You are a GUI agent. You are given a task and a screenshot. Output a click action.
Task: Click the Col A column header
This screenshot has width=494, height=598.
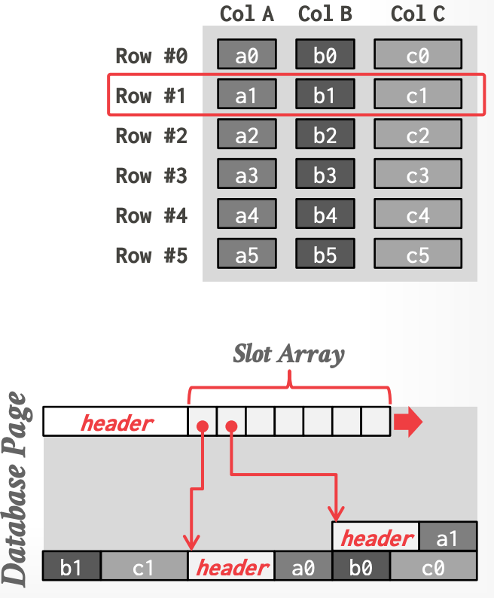[x=246, y=14]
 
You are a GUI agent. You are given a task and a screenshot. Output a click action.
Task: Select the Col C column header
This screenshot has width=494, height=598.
[x=417, y=14]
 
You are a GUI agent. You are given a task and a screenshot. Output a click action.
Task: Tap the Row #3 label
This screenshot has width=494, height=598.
[x=151, y=175]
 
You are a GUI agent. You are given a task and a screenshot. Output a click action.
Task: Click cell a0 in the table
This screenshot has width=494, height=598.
[x=247, y=55]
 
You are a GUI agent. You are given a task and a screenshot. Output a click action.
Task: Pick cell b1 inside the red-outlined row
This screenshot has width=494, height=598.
[x=325, y=96]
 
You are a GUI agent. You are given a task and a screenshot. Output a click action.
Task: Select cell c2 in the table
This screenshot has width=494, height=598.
[x=417, y=136]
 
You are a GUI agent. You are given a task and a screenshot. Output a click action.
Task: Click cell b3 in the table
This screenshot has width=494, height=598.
[x=325, y=175]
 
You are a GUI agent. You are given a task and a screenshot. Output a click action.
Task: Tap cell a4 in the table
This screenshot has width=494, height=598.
[x=247, y=215]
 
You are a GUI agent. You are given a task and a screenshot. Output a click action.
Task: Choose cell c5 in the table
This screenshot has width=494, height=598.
[x=417, y=255]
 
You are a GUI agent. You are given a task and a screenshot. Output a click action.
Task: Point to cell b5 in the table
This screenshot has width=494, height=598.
[x=325, y=255]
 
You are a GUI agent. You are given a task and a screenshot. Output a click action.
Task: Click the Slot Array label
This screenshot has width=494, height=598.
[x=289, y=353]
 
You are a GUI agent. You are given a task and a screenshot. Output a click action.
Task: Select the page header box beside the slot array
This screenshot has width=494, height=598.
[x=115, y=422]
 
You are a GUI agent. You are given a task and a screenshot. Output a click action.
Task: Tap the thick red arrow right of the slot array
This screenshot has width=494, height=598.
[x=407, y=423]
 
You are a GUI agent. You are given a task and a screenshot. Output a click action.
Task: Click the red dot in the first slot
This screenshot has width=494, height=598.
[x=202, y=427]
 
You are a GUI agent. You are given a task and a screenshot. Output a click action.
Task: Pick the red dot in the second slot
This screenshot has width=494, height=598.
[x=231, y=427]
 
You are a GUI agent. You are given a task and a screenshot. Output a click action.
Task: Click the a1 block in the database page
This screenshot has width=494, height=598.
[x=447, y=537]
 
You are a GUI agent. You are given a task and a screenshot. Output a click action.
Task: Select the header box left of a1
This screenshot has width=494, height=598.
[x=376, y=537]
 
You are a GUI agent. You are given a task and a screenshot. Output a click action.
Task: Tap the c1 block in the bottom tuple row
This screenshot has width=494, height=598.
[x=143, y=567]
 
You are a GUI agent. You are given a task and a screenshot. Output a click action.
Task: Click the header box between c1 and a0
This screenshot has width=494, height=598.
[x=231, y=567]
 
